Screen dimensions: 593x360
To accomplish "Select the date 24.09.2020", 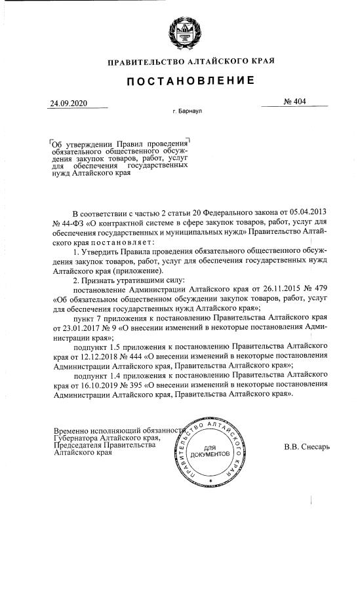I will (x=69, y=104).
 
